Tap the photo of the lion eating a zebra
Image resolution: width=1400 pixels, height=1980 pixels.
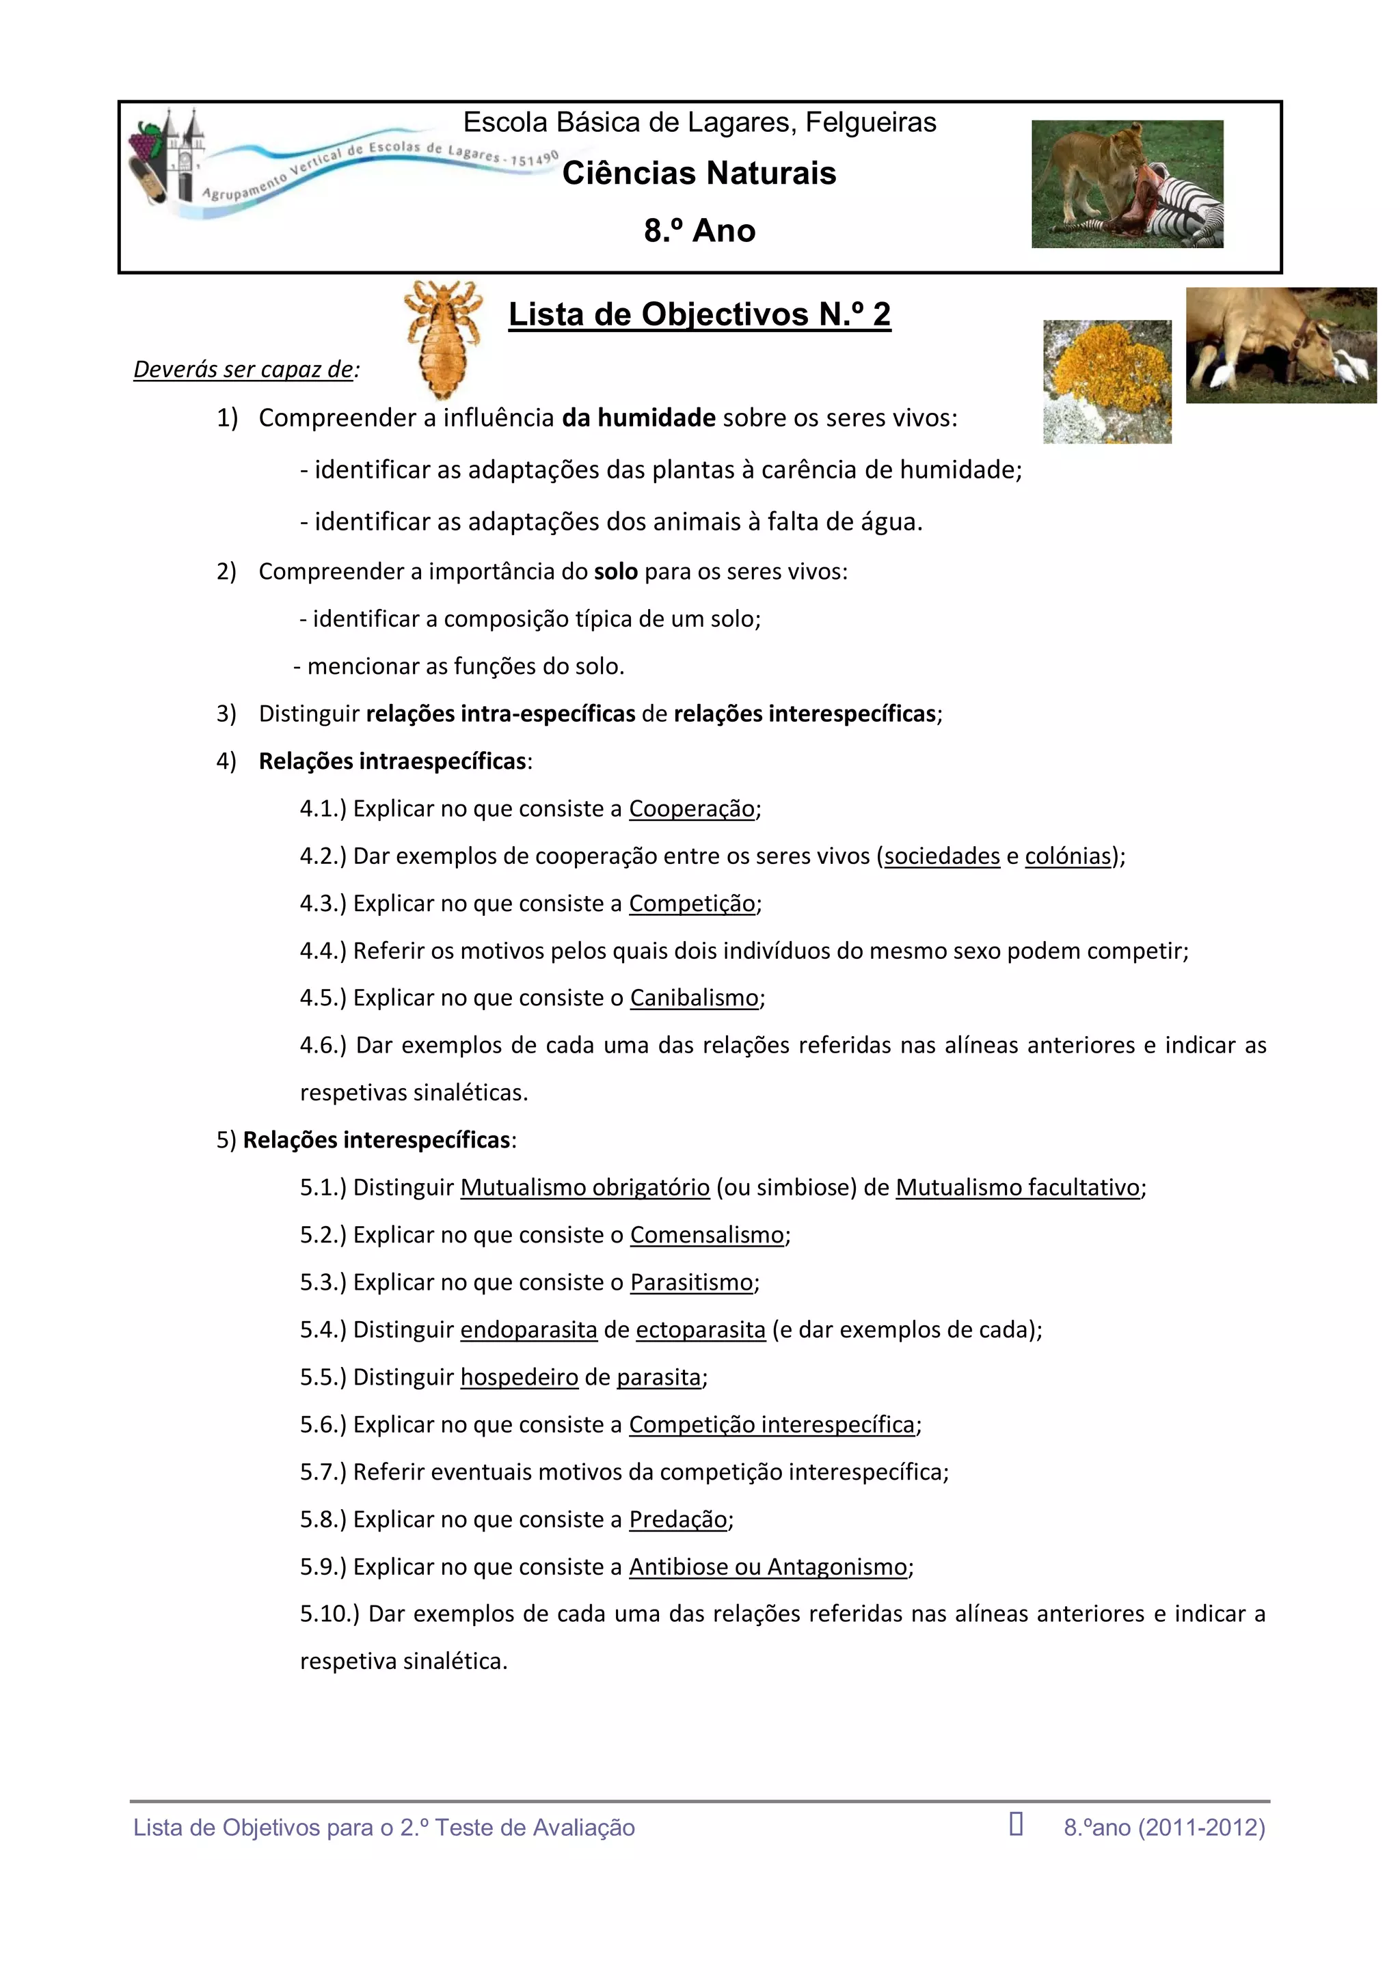point(1127,184)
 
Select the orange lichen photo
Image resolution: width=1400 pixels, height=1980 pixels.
point(1107,381)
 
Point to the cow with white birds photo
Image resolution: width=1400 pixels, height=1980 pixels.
point(1280,345)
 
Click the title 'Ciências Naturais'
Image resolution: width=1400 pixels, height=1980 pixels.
point(699,174)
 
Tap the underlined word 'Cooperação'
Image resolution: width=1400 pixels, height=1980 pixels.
point(691,809)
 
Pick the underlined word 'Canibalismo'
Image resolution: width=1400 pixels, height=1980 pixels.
point(695,998)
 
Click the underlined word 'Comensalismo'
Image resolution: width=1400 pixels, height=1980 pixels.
point(706,1235)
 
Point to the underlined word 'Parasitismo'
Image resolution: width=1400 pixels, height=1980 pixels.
point(691,1282)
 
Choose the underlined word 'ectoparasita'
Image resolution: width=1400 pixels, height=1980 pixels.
point(701,1330)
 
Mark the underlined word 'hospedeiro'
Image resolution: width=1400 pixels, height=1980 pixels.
point(520,1377)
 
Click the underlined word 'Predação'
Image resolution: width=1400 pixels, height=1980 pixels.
point(678,1519)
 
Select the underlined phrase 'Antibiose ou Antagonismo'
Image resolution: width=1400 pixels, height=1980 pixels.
point(768,1567)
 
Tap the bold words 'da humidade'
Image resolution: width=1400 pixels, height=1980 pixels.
point(638,418)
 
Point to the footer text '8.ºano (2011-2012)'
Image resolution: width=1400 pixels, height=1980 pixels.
point(1163,1828)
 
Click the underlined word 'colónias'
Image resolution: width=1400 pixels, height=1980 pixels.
point(1068,856)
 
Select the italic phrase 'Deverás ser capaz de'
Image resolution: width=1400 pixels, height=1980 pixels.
point(243,370)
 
